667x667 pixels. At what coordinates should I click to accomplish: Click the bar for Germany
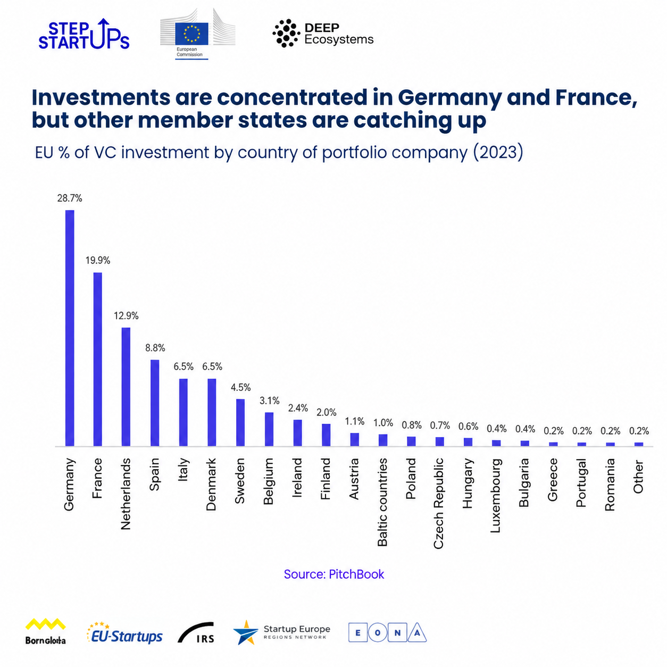70,328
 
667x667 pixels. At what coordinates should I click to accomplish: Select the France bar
98,359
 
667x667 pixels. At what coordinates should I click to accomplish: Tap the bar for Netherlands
126,386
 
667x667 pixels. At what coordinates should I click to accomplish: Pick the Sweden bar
240,422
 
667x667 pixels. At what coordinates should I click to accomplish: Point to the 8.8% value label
155,347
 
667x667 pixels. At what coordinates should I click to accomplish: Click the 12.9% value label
126,315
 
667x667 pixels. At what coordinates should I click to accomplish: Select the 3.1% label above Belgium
269,401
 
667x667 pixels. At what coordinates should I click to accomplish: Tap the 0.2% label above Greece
554,431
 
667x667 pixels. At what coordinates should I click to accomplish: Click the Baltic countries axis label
382,502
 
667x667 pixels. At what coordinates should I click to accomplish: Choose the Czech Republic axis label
438,503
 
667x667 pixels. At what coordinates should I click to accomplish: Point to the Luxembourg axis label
495,495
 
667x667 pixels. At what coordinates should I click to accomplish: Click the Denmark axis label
211,484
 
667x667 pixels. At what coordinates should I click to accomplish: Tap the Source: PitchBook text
333,574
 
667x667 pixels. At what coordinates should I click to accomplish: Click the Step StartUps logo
84,34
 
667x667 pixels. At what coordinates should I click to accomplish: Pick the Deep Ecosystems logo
323,33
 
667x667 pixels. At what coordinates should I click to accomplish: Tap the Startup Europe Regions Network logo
281,632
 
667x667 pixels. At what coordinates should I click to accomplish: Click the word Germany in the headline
449,97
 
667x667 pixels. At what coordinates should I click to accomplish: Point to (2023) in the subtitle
498,152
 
